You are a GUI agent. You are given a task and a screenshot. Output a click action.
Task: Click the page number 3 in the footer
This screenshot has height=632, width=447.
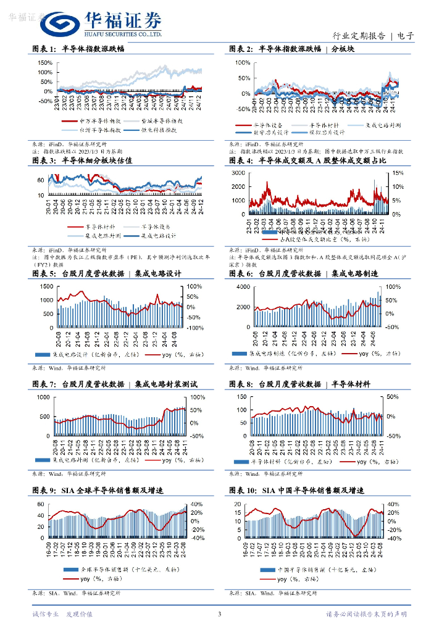point(219,614)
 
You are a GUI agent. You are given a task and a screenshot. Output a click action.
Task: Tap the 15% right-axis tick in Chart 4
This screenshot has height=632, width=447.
point(399,172)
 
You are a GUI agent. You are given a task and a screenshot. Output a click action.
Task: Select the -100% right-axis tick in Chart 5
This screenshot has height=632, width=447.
point(196,328)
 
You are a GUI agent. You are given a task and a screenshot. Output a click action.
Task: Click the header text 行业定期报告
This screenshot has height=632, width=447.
point(360,36)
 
